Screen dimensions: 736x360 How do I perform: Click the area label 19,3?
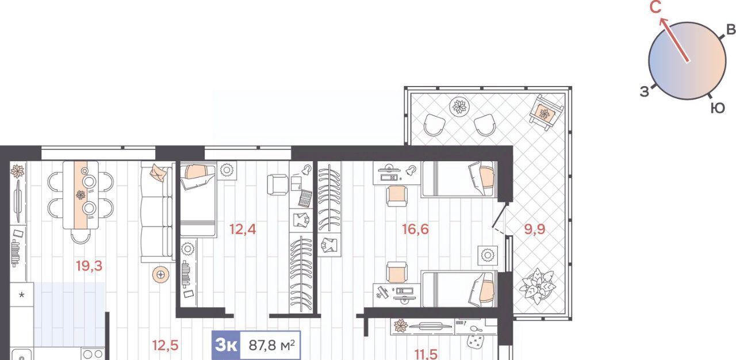[x=89, y=266]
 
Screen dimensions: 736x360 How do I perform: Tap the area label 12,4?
[x=243, y=229]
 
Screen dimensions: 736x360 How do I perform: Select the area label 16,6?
[x=415, y=229]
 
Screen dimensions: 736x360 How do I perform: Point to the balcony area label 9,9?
[x=535, y=229]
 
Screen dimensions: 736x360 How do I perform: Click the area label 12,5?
[x=165, y=345]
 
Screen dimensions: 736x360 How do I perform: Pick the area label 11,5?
[x=426, y=354]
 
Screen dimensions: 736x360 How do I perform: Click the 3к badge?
[x=227, y=346]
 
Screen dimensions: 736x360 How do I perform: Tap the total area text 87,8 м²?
[x=271, y=346]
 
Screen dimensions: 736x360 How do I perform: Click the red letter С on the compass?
[x=655, y=7]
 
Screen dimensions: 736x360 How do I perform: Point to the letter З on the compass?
[x=645, y=91]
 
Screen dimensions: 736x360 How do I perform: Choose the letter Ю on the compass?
[x=718, y=108]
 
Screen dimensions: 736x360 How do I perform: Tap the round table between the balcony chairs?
[x=459, y=106]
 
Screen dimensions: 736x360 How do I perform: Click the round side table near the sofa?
[x=160, y=274]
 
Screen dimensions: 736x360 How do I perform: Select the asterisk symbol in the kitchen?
[x=22, y=294]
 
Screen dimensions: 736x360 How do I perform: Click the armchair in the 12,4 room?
[x=278, y=184]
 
